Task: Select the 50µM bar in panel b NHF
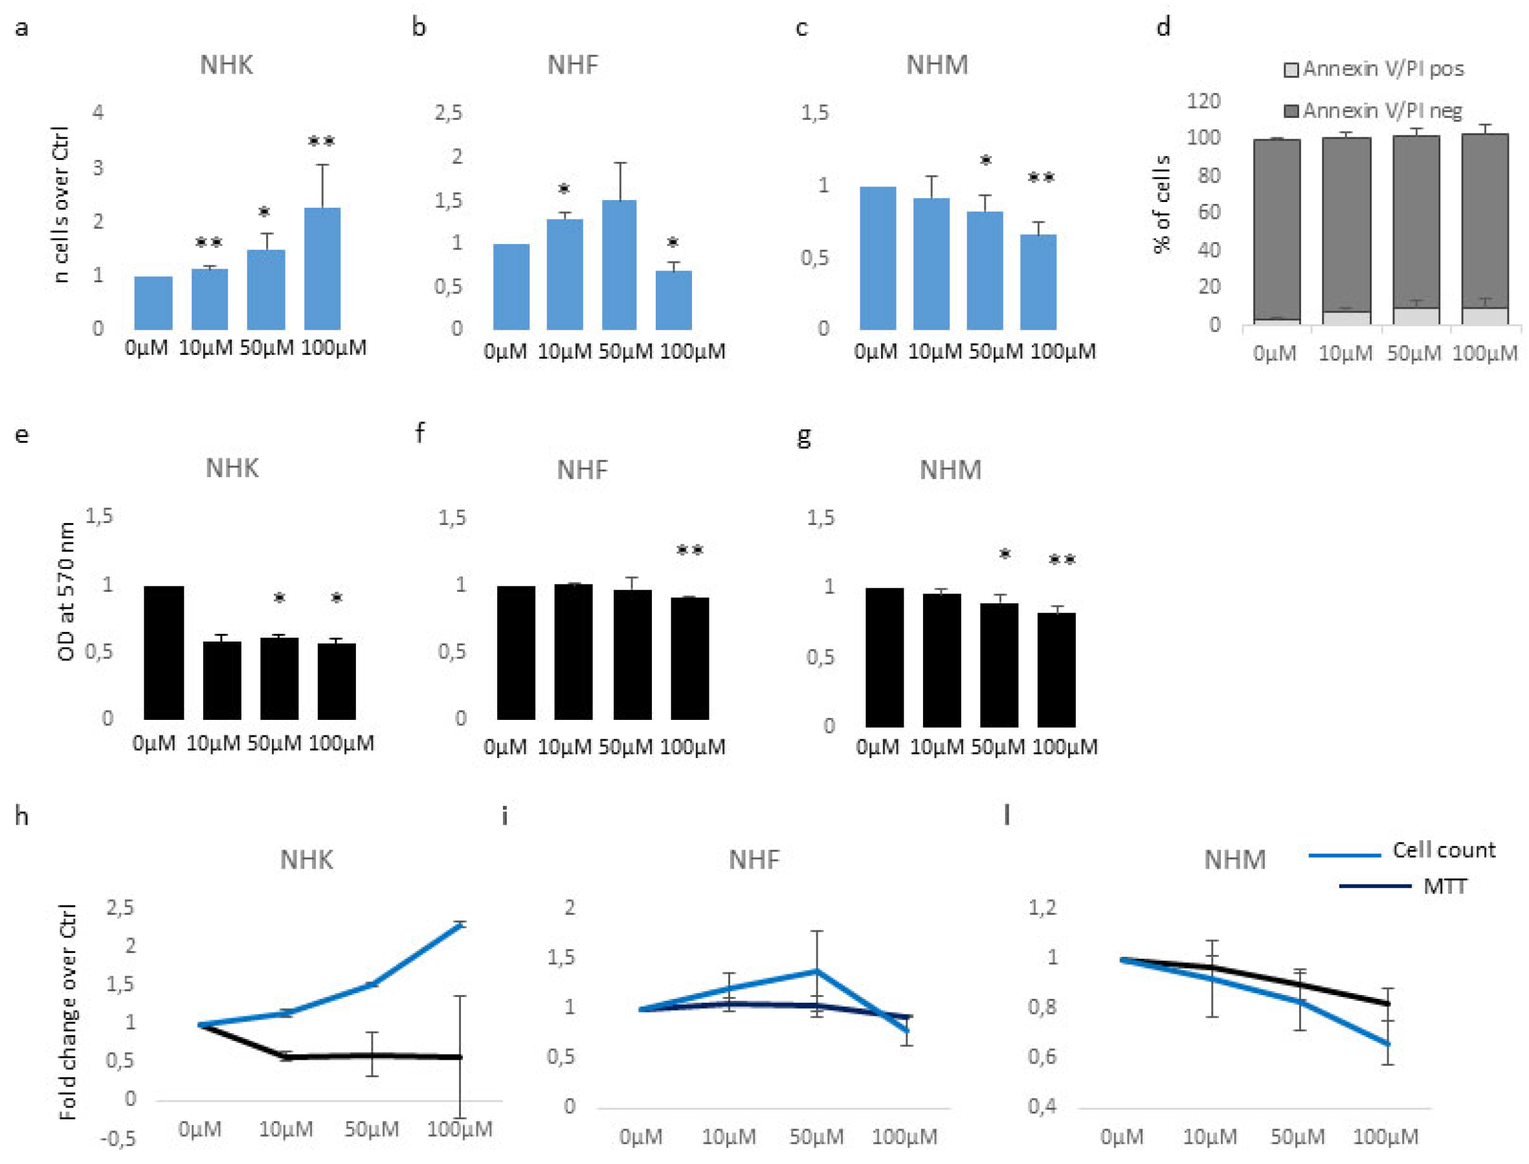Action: pos(619,265)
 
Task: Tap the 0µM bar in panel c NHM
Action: pos(877,258)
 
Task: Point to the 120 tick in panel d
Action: pos(1203,101)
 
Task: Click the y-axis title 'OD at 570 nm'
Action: pos(67,592)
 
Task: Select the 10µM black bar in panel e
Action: pos(221,680)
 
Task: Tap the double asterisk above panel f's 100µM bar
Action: pos(689,551)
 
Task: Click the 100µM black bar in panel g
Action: pos(1056,669)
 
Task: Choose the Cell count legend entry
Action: pos(1442,850)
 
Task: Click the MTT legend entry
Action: pos(1444,886)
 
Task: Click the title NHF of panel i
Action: pos(753,860)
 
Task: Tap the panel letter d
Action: pos(1163,28)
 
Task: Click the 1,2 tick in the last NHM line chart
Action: pos(1042,907)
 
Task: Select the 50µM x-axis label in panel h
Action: pos(372,1129)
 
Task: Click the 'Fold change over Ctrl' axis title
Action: pos(68,1012)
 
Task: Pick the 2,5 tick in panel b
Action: pos(448,112)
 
